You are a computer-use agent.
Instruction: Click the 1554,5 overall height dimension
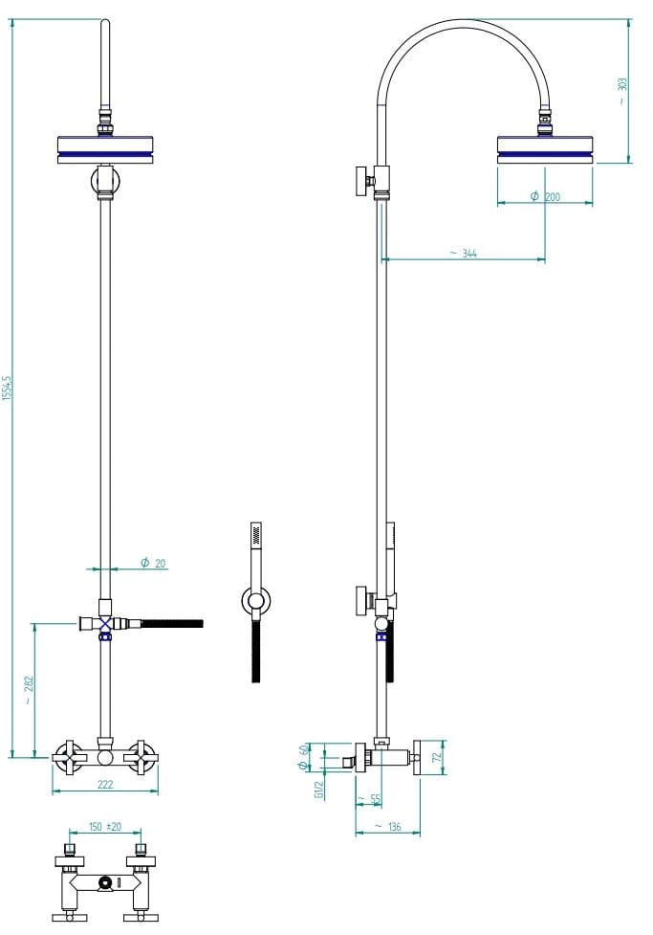pyautogui.click(x=7, y=389)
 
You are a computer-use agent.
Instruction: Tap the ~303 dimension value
pyautogui.click(x=621, y=91)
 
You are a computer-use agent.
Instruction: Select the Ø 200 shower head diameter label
pyautogui.click(x=545, y=196)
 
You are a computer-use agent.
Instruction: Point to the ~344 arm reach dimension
pyautogui.click(x=464, y=254)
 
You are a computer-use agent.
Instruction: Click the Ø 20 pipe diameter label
pyautogui.click(x=153, y=563)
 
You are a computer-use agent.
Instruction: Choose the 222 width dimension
pyautogui.click(x=105, y=785)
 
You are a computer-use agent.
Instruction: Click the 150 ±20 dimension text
pyautogui.click(x=105, y=827)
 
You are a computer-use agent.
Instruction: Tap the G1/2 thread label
pyautogui.click(x=318, y=790)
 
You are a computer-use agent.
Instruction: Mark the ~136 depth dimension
pyautogui.click(x=387, y=827)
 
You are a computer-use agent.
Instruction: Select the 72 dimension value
pyautogui.click(x=437, y=757)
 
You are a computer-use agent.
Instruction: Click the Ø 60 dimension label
pyautogui.click(x=304, y=756)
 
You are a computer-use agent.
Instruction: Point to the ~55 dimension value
pyautogui.click(x=369, y=799)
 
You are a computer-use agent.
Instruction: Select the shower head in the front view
pyautogui.click(x=105, y=149)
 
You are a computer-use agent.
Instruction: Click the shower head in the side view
pyautogui.click(x=545, y=149)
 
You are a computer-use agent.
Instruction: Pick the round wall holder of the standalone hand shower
pyautogui.click(x=256, y=601)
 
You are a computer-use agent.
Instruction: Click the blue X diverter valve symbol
pyautogui.click(x=105, y=624)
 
